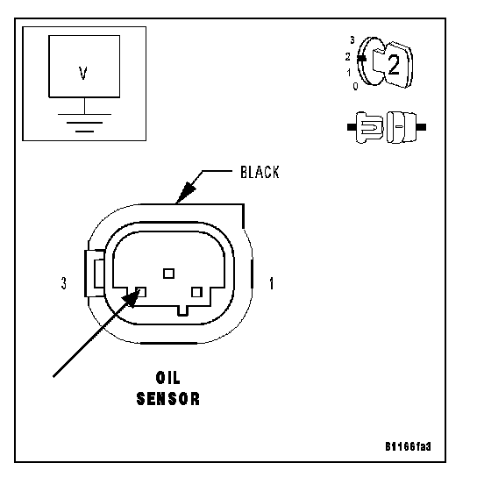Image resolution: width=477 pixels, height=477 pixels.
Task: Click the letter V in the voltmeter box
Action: (x=83, y=74)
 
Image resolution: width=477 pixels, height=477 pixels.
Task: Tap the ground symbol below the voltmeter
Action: (x=84, y=123)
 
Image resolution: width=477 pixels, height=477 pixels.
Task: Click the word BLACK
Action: (x=260, y=172)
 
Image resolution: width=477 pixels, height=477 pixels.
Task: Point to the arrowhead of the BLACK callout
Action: (x=186, y=192)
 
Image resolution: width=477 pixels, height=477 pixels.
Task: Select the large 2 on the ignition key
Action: (x=394, y=66)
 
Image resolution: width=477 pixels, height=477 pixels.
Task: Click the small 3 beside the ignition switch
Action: (x=352, y=39)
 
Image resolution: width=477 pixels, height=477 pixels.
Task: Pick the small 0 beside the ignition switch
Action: (x=355, y=87)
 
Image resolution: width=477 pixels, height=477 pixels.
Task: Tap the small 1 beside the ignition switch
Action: (x=349, y=73)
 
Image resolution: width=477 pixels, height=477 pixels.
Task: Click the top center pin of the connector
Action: (x=169, y=274)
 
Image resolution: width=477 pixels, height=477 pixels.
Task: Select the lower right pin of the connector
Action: (x=196, y=292)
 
